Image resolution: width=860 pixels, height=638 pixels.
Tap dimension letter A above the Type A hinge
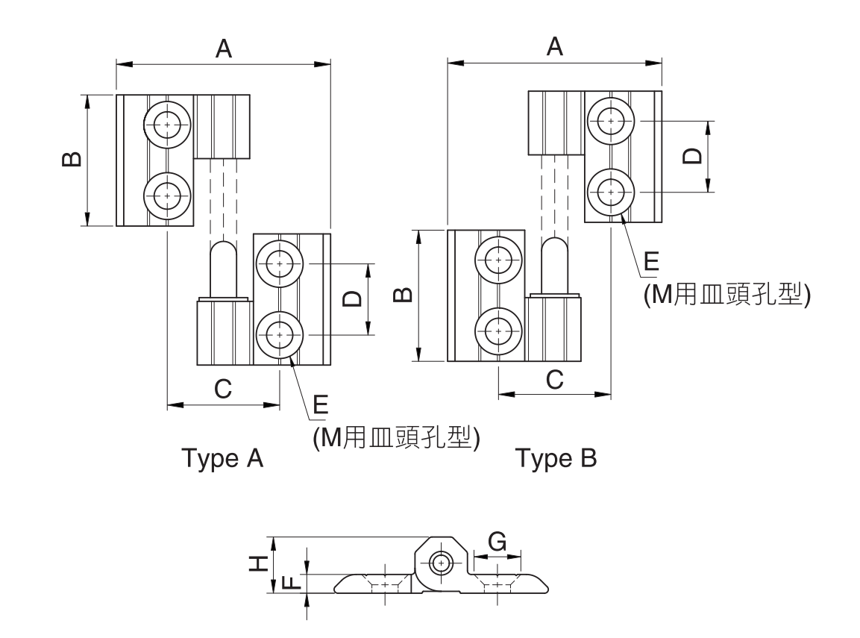click(224, 49)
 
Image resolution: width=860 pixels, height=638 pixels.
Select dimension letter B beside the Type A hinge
click(71, 160)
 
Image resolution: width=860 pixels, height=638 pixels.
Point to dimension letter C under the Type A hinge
click(223, 389)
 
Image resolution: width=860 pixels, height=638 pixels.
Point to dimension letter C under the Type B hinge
click(554, 378)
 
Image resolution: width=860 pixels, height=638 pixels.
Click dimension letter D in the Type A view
click(351, 298)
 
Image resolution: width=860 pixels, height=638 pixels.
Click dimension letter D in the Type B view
click(692, 156)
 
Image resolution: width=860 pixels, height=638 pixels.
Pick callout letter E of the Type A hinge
click(321, 404)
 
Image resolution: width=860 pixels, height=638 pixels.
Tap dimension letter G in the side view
click(497, 540)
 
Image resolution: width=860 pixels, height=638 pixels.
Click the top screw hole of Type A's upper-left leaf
click(167, 125)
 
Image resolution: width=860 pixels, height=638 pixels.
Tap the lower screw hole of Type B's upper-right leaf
click(611, 192)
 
